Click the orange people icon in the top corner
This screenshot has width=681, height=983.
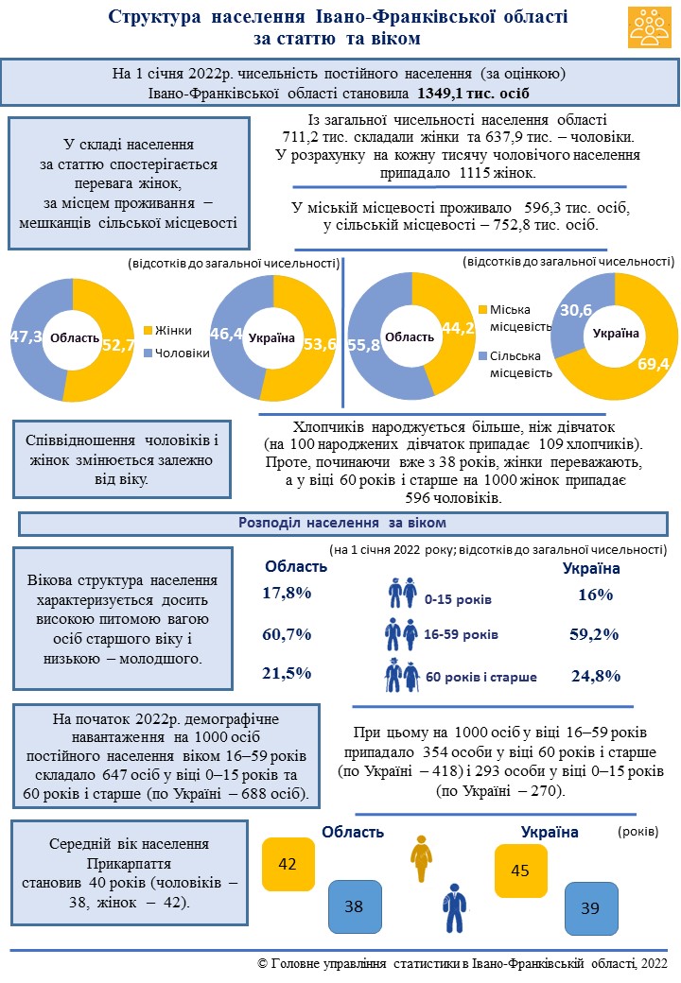click(650, 28)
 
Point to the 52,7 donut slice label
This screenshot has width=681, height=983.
click(118, 345)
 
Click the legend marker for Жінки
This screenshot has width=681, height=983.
click(148, 330)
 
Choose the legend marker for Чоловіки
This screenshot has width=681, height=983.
click(148, 352)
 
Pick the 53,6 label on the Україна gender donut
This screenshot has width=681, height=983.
click(320, 344)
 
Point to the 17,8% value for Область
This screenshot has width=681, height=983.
click(287, 594)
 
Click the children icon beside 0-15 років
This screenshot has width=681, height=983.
click(402, 595)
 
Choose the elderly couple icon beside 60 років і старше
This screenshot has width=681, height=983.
click(402, 675)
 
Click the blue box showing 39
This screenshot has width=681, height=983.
click(590, 908)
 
